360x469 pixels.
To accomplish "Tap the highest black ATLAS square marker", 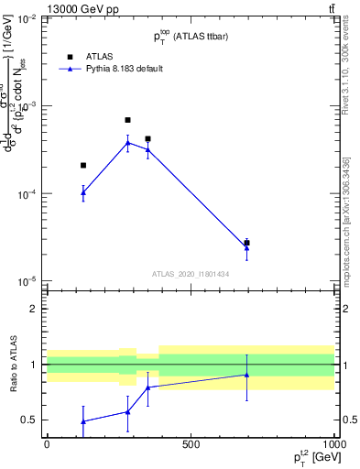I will coord(127,120).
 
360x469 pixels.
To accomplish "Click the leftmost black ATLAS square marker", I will coord(83,166).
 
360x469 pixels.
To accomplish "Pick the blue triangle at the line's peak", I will coord(127,142).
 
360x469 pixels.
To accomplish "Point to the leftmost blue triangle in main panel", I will coord(83,192).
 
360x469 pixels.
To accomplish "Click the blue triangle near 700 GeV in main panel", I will coord(246,247).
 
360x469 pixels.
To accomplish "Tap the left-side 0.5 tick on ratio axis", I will coord(30,420).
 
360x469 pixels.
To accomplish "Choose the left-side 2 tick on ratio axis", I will coord(35,309).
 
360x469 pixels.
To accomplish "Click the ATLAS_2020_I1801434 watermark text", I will coord(190,274).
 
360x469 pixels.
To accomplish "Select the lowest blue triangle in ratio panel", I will coord(83,421).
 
